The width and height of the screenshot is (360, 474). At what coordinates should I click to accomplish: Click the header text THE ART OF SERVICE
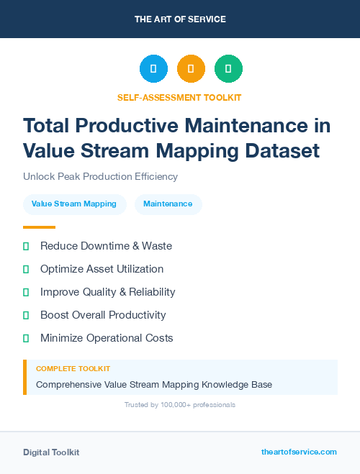point(180,19)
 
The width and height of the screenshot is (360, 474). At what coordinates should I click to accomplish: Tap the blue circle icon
point(153,69)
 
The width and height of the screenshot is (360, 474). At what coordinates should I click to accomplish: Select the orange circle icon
point(191,69)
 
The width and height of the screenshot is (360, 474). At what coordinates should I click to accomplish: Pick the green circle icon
point(228,69)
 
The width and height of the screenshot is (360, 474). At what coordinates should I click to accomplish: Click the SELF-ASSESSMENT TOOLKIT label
point(180,97)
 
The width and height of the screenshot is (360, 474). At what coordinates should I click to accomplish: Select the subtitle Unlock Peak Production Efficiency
point(100,176)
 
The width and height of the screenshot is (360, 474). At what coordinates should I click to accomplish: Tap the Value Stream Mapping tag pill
point(74,204)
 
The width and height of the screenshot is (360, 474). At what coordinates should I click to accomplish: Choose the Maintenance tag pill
point(168,204)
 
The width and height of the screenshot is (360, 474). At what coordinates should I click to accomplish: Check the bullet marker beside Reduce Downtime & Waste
point(26,246)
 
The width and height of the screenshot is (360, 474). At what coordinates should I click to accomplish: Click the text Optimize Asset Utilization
point(102,269)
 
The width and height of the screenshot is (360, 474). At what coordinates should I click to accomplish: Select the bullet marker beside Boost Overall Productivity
point(26,315)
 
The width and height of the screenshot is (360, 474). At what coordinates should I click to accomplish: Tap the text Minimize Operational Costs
point(107,338)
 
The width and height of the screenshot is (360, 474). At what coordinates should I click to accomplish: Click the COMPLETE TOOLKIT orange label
point(73,369)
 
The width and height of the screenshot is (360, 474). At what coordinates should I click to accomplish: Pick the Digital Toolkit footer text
point(51,452)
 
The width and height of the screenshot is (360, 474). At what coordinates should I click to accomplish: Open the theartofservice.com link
point(299,452)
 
